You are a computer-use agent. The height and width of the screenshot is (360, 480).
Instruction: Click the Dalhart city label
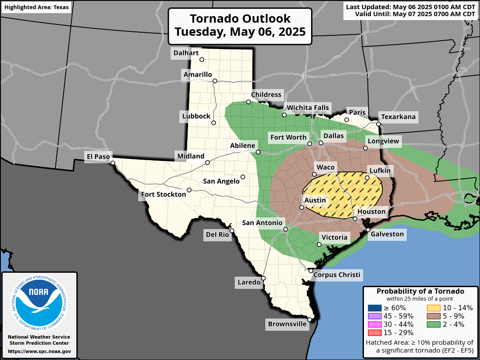(x=186, y=53)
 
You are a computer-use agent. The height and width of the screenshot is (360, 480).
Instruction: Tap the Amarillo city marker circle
(x=215, y=81)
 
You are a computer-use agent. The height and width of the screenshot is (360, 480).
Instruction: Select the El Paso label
(x=99, y=156)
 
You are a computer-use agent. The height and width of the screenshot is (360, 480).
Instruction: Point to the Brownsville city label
(x=287, y=324)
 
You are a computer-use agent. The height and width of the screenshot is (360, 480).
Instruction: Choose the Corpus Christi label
(x=337, y=274)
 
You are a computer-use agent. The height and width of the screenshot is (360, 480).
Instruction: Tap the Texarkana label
(x=398, y=117)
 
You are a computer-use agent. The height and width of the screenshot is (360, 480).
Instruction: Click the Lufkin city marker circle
(x=367, y=178)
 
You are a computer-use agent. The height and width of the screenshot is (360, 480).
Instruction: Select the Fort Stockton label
(x=163, y=194)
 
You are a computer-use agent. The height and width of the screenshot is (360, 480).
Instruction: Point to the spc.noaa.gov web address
(x=39, y=351)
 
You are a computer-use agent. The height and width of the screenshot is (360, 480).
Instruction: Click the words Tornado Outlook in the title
(x=240, y=19)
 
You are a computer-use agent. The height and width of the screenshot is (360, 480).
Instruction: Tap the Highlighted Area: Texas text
(x=36, y=8)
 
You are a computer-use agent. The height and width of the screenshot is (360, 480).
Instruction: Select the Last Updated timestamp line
(x=410, y=7)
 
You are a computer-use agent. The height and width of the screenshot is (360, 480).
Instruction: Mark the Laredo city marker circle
(x=264, y=278)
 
